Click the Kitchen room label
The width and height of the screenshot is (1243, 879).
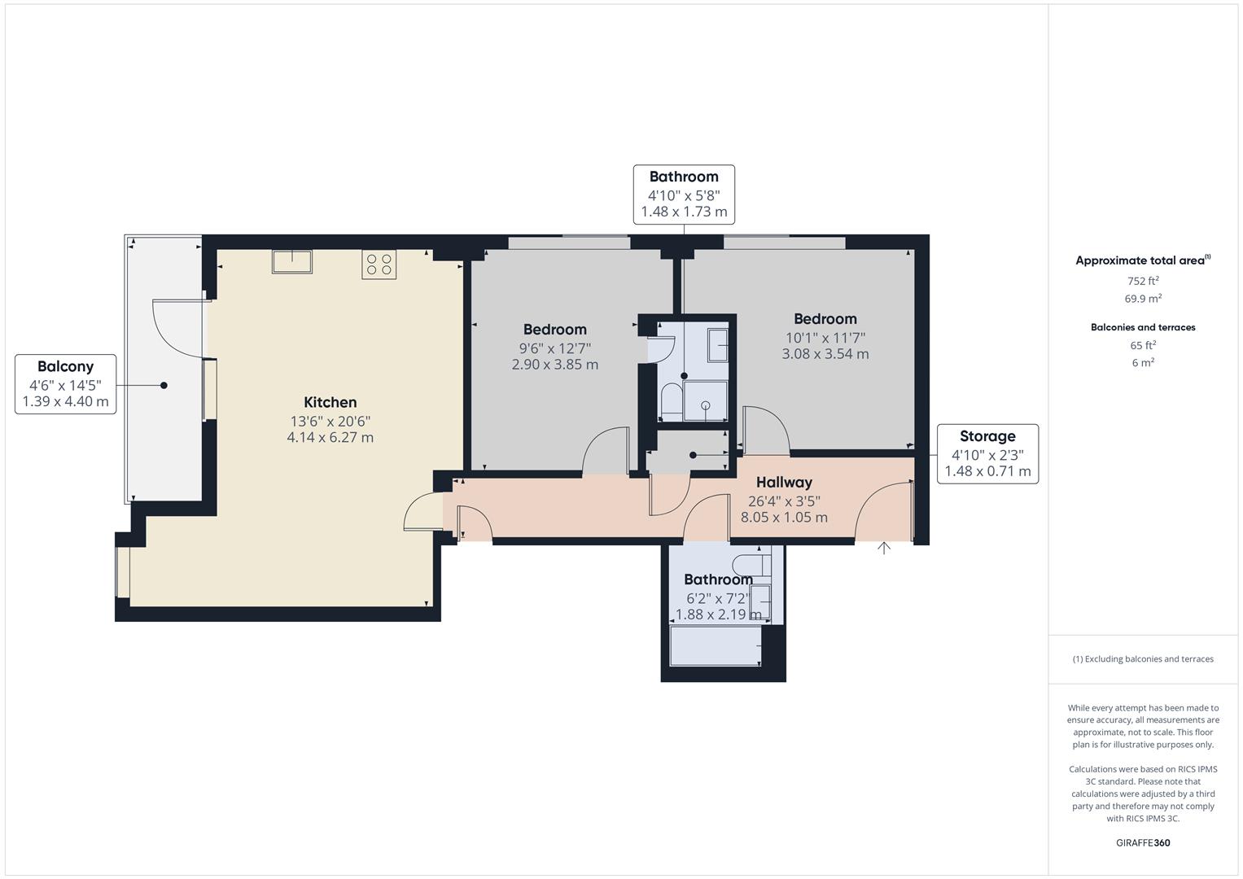[x=330, y=402]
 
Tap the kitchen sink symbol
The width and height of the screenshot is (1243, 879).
[x=292, y=261]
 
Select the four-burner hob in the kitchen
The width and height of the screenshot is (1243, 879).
[x=379, y=265]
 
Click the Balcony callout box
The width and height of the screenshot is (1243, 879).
[x=65, y=384]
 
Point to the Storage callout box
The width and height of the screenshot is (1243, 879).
[x=987, y=453]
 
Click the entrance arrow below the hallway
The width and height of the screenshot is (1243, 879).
[x=884, y=549]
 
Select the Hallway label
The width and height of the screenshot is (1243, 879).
[x=784, y=483]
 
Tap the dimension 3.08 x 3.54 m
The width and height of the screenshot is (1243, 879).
[x=825, y=354]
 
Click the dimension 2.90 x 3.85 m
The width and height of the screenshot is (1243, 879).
[x=554, y=365]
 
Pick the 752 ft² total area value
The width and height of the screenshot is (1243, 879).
[x=1142, y=281]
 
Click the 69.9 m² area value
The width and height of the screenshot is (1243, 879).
[x=1142, y=299]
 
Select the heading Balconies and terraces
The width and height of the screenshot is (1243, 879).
[x=1142, y=327]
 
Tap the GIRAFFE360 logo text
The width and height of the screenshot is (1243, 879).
[x=1142, y=842]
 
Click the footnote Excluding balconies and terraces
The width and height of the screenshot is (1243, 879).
[x=1142, y=659]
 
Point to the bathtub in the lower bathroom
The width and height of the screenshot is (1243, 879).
[x=715, y=645]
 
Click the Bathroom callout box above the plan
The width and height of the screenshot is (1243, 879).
[x=684, y=194]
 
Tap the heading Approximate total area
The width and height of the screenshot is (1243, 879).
[x=1142, y=261]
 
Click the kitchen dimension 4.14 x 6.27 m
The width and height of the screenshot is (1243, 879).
[x=330, y=437]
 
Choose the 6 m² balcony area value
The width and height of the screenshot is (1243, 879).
[x=1142, y=363]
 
